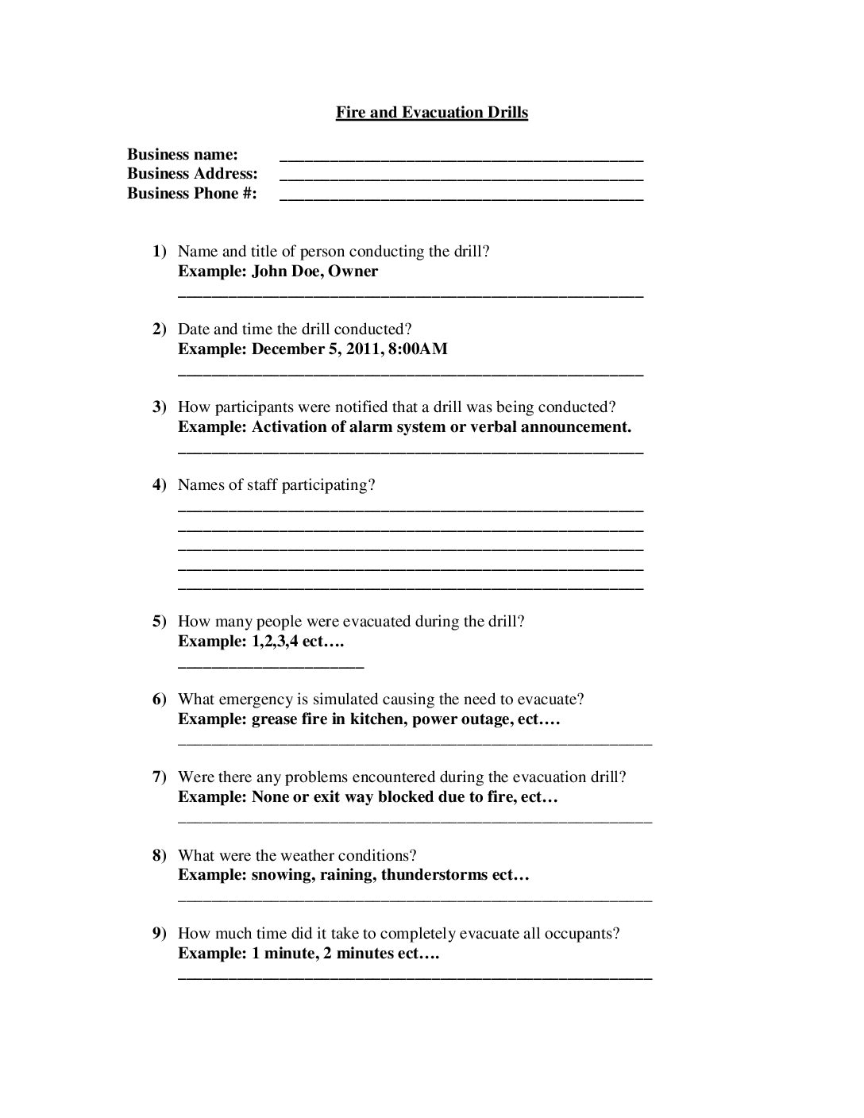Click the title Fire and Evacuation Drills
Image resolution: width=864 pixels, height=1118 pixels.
(x=431, y=112)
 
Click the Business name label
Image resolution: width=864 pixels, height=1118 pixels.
(x=183, y=154)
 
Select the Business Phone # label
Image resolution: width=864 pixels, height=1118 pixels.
(x=192, y=193)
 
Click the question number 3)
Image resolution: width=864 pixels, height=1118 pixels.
(x=160, y=407)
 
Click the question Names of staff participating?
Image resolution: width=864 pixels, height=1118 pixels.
(x=276, y=484)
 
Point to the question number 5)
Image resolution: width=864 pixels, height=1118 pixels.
(x=160, y=621)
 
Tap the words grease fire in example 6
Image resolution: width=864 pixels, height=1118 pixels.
(x=288, y=719)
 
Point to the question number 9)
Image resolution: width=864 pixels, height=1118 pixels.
(x=160, y=933)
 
